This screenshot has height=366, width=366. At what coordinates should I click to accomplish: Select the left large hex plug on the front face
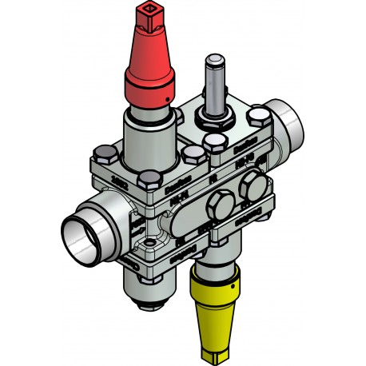click(x=217, y=209)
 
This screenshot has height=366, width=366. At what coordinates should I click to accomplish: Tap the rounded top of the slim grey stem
click(x=214, y=60)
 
